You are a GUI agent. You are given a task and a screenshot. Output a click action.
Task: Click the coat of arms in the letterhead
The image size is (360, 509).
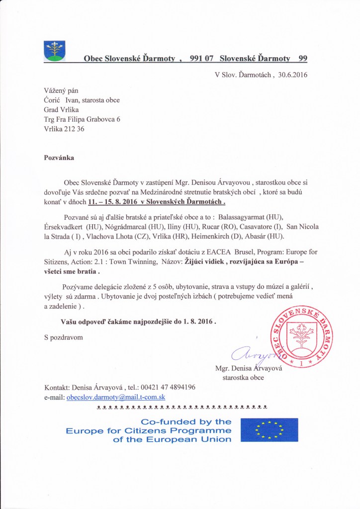pyautogui.click(x=55, y=51)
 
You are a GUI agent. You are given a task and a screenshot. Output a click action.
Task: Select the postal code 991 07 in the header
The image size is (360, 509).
pyautogui.click(x=201, y=59)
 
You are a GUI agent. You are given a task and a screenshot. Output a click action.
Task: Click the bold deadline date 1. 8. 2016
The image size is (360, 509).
pyautogui.click(x=195, y=322)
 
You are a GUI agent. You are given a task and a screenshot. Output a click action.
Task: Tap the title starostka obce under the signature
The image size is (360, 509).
pyautogui.click(x=243, y=378)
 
